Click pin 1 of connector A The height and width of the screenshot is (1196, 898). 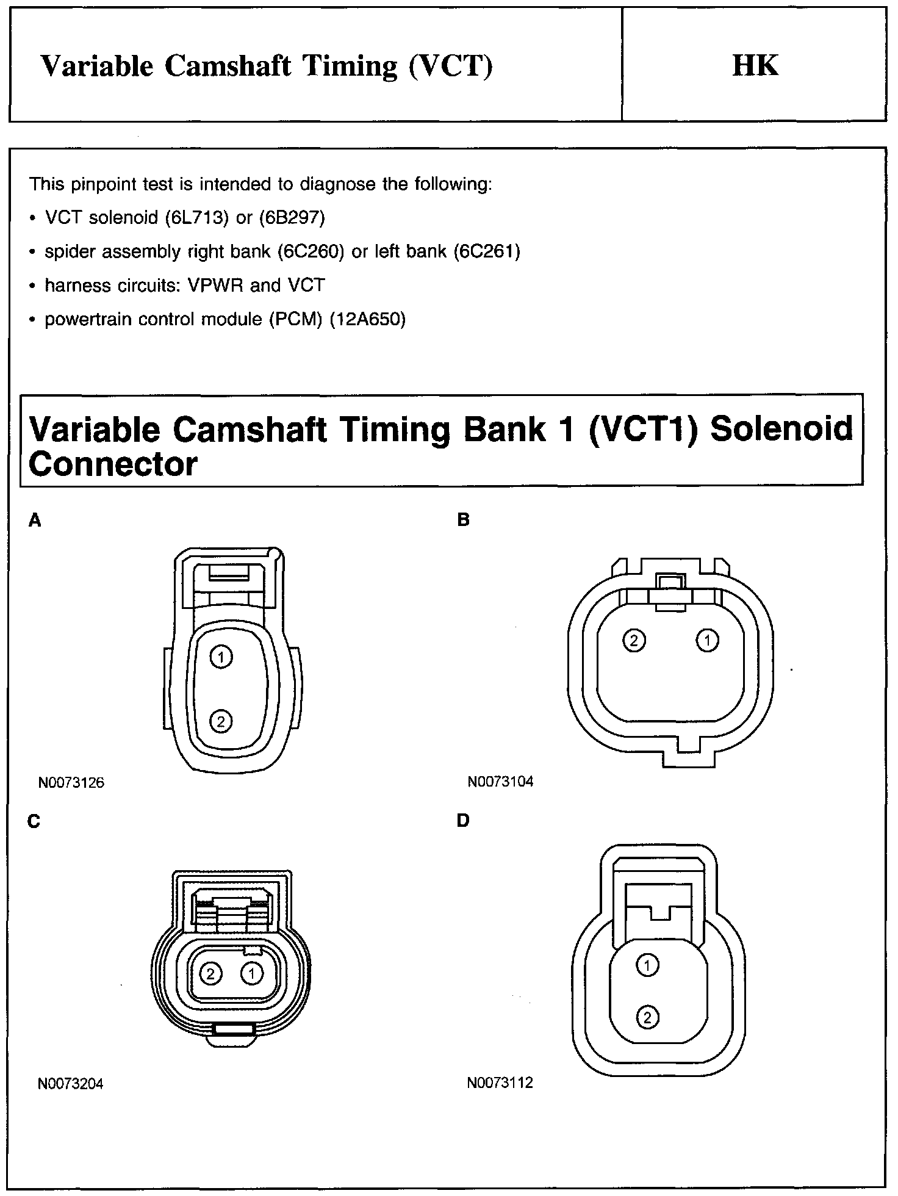(221, 657)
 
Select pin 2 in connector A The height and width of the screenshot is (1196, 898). (221, 722)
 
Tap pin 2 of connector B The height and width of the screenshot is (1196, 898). (634, 641)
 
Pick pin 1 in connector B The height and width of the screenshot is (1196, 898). (708, 641)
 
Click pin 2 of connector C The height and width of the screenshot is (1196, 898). (211, 973)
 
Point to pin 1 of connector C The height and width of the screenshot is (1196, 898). (251, 973)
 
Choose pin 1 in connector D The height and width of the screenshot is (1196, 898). (647, 965)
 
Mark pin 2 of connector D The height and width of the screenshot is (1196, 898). (647, 1017)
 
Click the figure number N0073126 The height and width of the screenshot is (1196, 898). (71, 783)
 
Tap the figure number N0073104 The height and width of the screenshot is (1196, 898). (500, 782)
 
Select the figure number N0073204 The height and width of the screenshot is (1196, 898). (71, 1084)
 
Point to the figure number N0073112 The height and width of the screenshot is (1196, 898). (500, 1083)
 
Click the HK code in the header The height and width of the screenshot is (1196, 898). (755, 66)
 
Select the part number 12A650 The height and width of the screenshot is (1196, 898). (367, 319)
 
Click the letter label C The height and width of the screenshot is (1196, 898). (34, 822)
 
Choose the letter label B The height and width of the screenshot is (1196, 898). (464, 521)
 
